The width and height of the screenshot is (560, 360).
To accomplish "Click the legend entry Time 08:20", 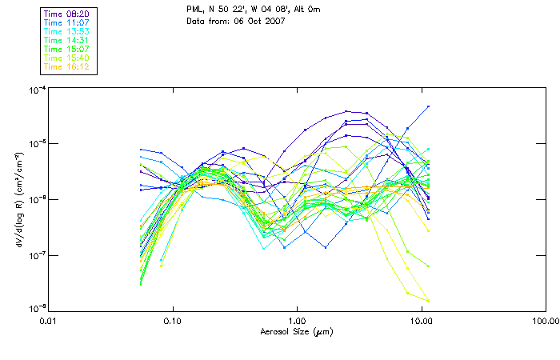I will [66, 14].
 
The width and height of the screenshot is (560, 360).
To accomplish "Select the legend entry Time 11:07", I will [66, 23].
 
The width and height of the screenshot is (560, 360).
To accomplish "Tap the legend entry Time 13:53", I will [66, 31].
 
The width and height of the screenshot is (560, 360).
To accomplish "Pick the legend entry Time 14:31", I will [66, 40].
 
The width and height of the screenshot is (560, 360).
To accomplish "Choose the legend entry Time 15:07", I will [66, 49].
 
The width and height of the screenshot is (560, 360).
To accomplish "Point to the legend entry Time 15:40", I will [66, 58].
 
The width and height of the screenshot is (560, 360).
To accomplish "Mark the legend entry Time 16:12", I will [66, 66].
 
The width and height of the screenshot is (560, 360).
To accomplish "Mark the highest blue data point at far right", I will [429, 106].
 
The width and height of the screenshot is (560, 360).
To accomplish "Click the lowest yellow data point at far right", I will [429, 301].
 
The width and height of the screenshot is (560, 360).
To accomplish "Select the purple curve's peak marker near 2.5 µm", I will [346, 111].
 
